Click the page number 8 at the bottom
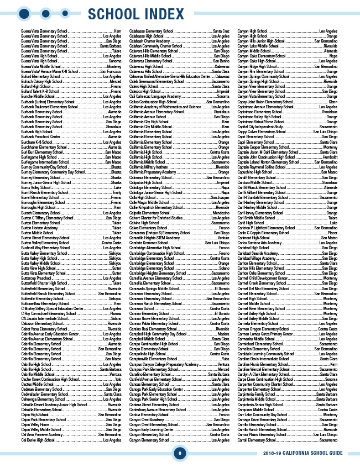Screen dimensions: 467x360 pyautogui.click(x=180, y=454)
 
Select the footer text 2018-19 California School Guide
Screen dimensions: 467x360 pyautogui.click(x=310, y=454)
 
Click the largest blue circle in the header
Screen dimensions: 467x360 pyautogui.click(x=24, y=13)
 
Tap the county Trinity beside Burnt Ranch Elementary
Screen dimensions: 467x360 pyautogui.click(x=116, y=192)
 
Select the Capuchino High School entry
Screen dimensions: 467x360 pyautogui.click(x=255, y=172)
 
